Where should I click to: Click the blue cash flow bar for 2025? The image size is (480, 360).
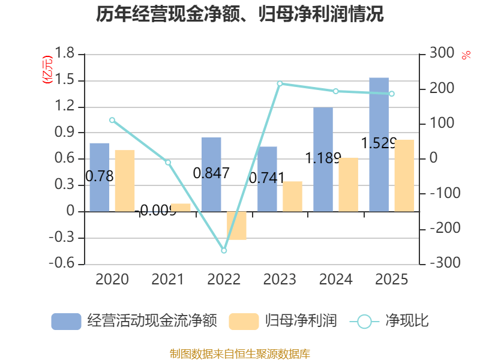point(379,144)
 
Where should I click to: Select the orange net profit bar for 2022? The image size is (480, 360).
point(236,226)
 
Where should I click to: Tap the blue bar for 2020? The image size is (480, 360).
point(100,177)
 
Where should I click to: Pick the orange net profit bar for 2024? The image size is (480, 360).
point(348,184)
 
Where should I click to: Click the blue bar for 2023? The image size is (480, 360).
point(267,179)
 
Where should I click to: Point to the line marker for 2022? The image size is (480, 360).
point(224,251)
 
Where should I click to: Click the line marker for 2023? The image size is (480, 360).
point(280,83)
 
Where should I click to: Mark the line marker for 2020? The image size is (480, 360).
point(112,120)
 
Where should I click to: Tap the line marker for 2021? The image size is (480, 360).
point(168,162)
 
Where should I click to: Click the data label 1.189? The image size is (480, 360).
point(323,158)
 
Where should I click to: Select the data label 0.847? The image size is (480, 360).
point(211,173)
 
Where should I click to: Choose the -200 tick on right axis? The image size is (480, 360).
point(442,229)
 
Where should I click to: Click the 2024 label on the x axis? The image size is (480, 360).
point(335,279)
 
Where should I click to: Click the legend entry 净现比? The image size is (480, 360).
point(390,321)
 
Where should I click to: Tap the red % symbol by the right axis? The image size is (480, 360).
point(466,56)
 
